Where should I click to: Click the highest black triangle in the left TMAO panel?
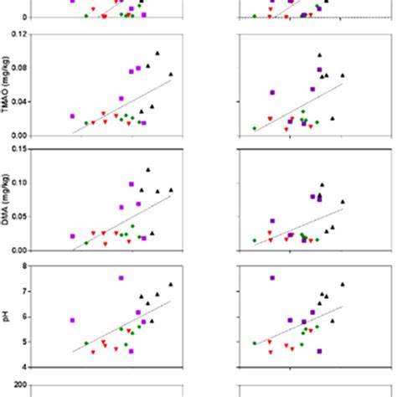click(157, 54)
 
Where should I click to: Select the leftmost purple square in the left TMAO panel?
click(72, 116)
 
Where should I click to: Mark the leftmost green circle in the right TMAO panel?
click(255, 128)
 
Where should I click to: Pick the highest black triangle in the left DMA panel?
click(148, 170)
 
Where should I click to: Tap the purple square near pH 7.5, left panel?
click(121, 277)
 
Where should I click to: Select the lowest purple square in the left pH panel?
click(131, 351)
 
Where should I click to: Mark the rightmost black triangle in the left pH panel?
click(171, 285)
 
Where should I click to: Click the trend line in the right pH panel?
click(302, 323)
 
